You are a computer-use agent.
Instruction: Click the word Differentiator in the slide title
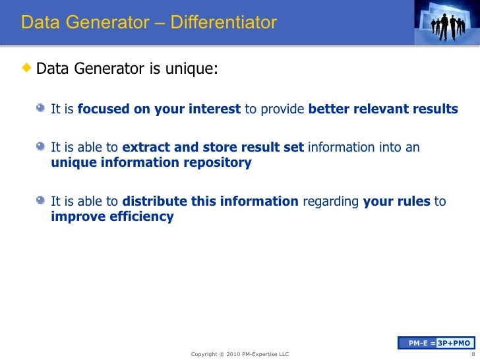[x=224, y=23]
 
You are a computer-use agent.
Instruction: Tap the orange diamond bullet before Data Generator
[x=27, y=69]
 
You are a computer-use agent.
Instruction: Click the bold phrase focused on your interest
[x=159, y=109]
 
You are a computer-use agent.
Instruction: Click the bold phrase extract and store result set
[x=213, y=148]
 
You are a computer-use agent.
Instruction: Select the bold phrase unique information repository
[x=151, y=163]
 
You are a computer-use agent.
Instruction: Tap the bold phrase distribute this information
[x=210, y=201]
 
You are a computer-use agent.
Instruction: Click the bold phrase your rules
[x=396, y=201]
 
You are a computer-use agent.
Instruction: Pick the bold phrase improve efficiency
[x=112, y=216]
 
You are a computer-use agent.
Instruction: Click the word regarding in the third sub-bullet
[x=331, y=201]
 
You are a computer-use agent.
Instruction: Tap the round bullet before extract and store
[x=42, y=148]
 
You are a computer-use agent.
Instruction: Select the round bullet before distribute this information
[x=42, y=201]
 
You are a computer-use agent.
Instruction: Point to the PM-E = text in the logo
[x=421, y=343]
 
